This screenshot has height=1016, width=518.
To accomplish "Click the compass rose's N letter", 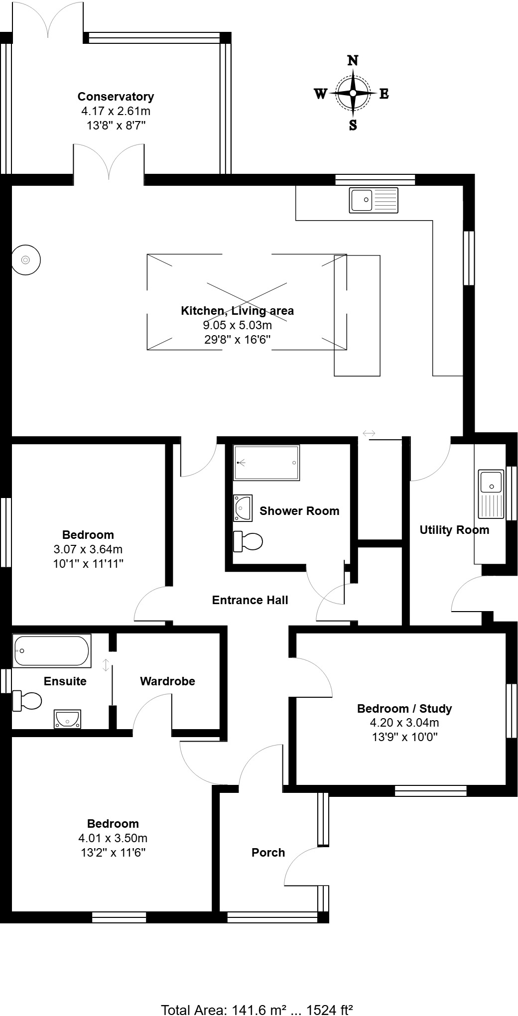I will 353,61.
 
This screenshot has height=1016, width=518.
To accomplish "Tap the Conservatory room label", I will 116,97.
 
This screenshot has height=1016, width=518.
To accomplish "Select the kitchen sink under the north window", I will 374,200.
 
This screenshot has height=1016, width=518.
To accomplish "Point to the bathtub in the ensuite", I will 52,651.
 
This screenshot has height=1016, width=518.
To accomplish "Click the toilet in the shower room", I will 248,541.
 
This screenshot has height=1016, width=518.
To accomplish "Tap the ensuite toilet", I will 27,701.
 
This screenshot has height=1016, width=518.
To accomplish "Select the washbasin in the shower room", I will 243,508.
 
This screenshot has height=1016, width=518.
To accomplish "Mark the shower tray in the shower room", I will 266,463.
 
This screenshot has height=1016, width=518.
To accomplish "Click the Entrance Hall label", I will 250,600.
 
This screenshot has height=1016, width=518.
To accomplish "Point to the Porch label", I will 268,853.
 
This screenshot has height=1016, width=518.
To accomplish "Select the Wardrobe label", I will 167,681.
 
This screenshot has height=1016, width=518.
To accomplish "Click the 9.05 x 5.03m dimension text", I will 237,326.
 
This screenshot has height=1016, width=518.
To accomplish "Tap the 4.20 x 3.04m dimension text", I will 404,723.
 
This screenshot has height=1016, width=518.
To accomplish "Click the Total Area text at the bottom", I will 257,1010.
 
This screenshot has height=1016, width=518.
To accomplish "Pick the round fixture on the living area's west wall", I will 25,260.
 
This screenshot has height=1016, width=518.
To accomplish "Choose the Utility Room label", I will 454,530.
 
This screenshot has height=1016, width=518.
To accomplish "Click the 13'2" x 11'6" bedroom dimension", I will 113,853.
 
